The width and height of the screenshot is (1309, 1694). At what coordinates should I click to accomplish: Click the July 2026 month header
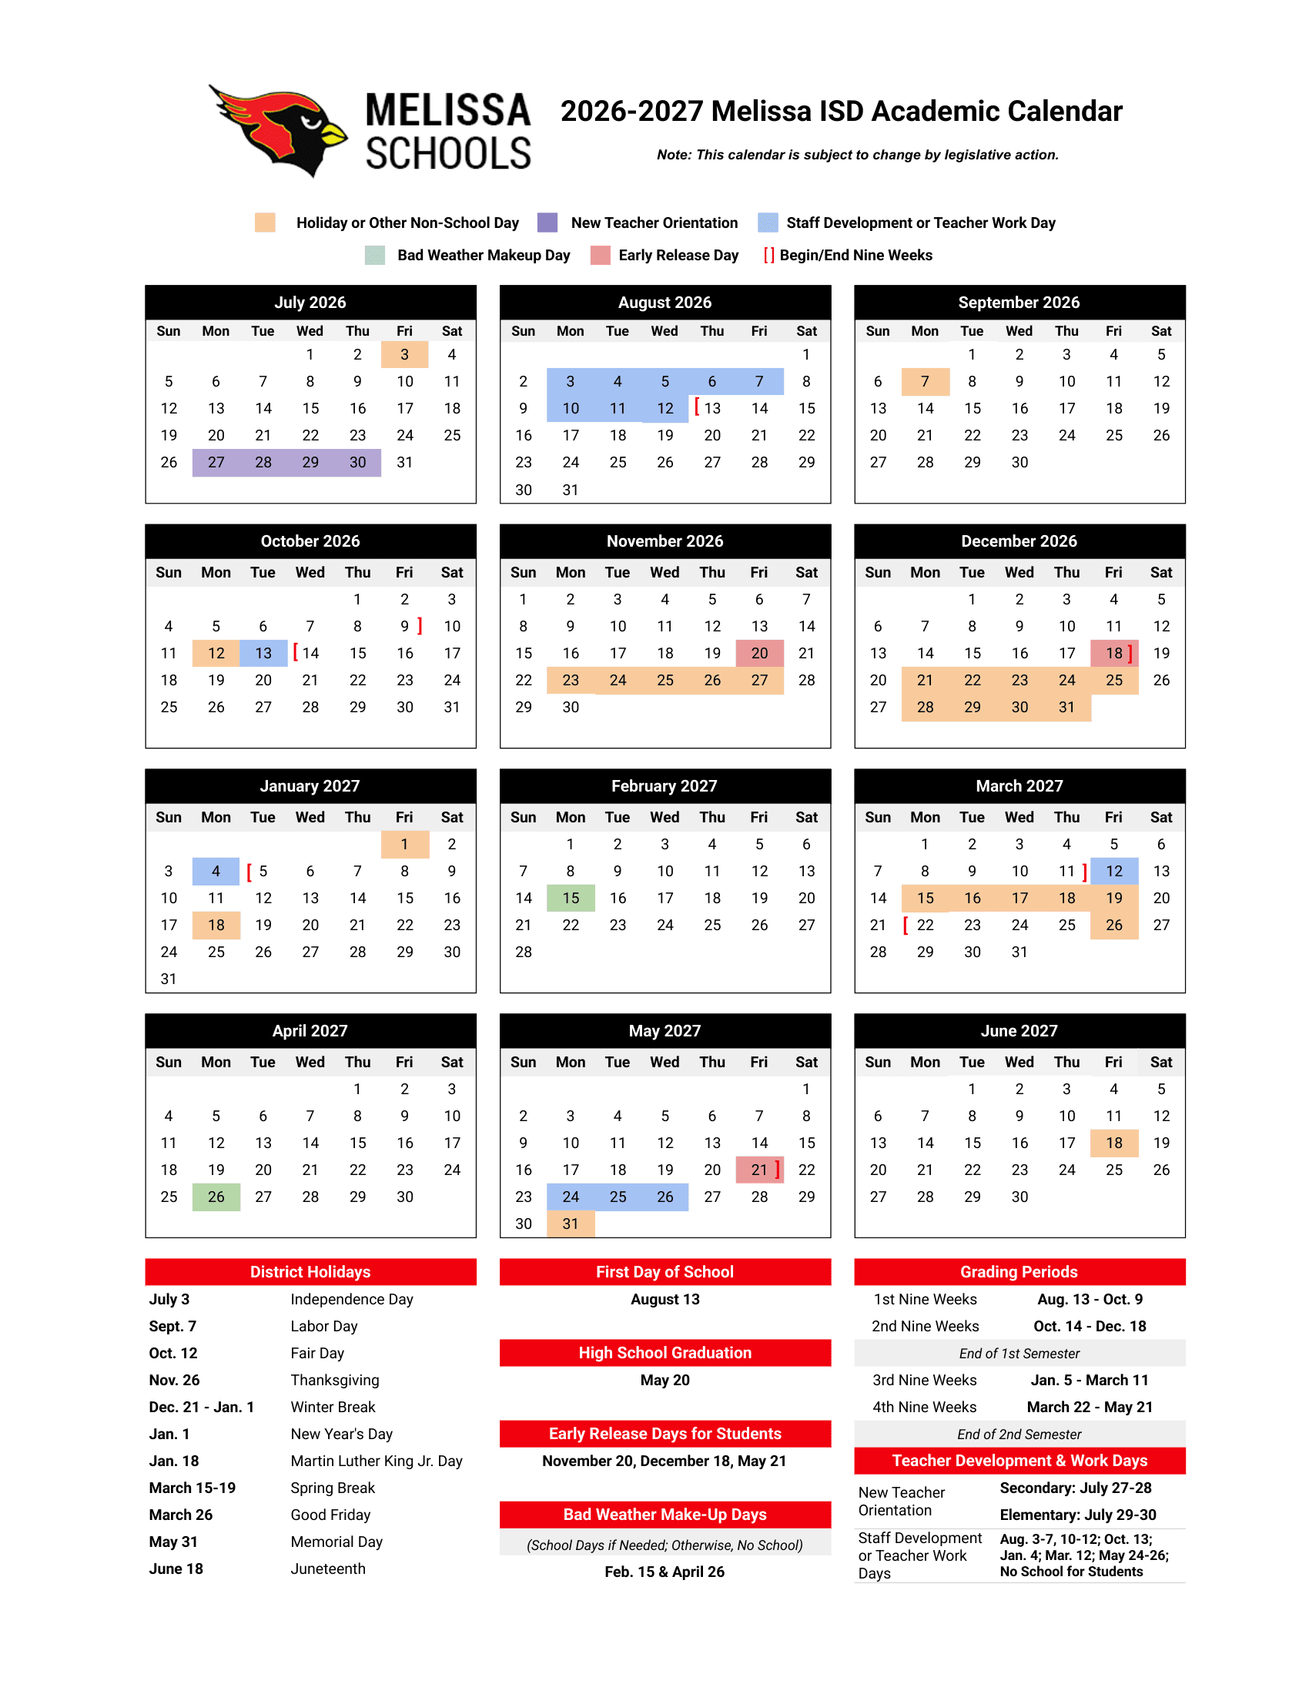(310, 303)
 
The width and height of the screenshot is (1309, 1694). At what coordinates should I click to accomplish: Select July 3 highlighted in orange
(404, 354)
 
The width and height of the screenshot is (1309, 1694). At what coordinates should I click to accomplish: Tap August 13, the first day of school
(712, 408)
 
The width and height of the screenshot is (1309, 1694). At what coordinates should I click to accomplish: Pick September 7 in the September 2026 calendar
(924, 382)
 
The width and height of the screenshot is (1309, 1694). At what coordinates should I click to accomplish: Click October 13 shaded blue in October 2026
(263, 653)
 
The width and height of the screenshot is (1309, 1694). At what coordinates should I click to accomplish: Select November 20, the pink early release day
(759, 653)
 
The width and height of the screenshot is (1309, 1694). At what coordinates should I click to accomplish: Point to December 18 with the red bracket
(1113, 653)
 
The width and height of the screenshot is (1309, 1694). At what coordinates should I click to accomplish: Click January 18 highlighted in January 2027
(216, 925)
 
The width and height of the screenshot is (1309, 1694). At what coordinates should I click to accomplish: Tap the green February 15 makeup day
(570, 898)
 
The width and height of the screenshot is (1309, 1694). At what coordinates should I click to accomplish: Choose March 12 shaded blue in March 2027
(1113, 871)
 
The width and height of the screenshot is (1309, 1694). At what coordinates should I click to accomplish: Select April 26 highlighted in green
(216, 1197)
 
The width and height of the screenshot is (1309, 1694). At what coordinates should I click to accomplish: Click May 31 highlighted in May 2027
(570, 1224)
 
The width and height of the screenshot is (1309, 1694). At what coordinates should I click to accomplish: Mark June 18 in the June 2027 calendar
(1113, 1143)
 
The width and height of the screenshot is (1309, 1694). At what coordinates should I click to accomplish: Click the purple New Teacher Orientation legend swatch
(547, 223)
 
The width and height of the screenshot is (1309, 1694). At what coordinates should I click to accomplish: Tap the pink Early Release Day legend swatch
(601, 255)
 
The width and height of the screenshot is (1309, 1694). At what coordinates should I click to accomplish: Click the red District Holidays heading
(310, 1272)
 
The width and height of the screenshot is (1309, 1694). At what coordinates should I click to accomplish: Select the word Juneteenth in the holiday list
(327, 1568)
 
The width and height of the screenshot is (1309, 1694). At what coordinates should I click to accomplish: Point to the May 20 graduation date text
(665, 1380)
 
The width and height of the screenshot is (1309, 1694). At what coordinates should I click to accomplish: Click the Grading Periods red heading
(1019, 1272)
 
